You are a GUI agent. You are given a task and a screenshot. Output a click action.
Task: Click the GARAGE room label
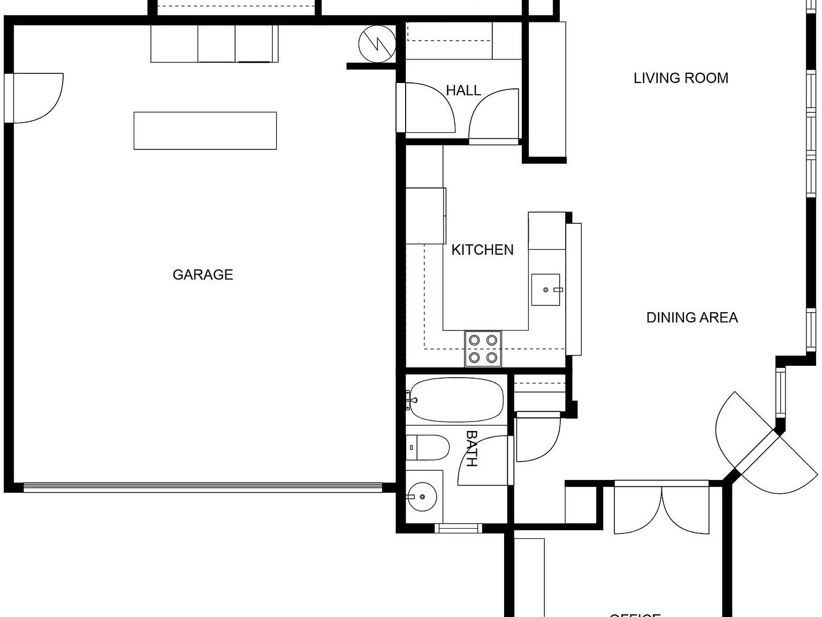point(202,275)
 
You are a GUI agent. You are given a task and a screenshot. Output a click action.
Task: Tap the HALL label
point(463,91)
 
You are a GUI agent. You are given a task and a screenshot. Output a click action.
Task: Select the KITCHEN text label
point(482,250)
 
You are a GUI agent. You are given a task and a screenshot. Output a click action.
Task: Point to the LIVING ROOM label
point(681,78)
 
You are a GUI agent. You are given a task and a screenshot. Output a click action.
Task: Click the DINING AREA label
point(692,318)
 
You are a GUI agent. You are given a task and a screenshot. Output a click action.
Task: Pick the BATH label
point(471,449)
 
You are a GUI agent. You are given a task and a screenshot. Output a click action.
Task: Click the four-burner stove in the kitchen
point(483,349)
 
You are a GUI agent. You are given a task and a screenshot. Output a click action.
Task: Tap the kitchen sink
point(545,290)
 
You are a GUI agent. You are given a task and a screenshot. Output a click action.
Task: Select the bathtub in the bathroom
point(456,400)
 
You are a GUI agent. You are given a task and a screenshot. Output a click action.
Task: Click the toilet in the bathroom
point(428,448)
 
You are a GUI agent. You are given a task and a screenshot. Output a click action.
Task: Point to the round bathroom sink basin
point(422,496)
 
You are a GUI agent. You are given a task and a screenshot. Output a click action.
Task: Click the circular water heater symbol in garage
point(377,44)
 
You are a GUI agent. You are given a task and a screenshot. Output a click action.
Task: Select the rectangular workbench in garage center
point(205,131)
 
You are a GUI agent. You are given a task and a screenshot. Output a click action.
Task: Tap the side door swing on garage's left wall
point(37,98)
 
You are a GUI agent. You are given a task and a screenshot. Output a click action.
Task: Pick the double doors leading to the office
point(661,509)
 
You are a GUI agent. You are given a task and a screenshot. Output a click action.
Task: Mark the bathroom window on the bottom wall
point(458,529)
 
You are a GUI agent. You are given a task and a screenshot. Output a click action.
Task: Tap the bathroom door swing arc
point(482,461)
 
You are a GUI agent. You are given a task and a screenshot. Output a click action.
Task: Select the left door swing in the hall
point(428,107)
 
